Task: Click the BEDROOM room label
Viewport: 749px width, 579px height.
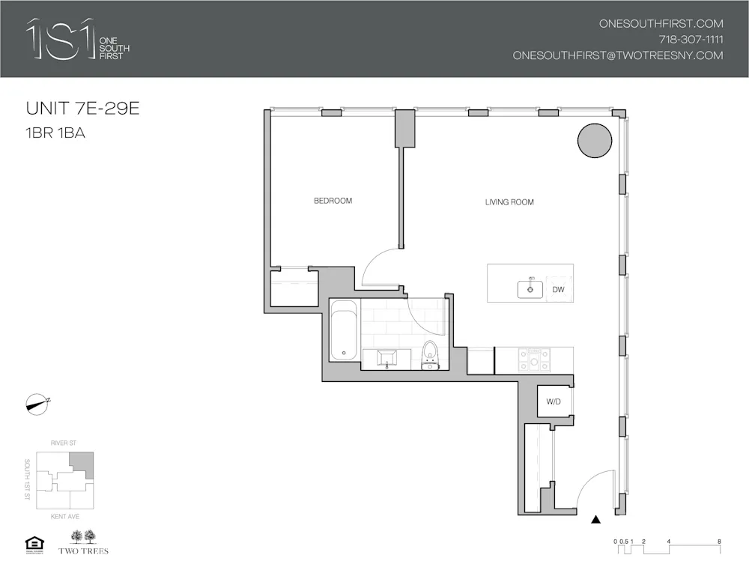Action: [333, 201]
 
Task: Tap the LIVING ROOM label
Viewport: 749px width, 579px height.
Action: [509, 202]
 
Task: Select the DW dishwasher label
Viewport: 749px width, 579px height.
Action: [558, 289]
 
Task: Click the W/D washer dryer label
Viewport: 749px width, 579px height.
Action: [554, 402]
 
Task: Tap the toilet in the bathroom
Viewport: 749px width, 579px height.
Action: [430, 354]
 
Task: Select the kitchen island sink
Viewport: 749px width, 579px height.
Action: [530, 288]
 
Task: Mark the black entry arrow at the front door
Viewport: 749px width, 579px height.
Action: [596, 518]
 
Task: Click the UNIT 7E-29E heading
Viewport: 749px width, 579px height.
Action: [83, 109]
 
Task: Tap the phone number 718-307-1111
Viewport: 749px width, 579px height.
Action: [691, 40]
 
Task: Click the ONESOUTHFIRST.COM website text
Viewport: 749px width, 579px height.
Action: [661, 24]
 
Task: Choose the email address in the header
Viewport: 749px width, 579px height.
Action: [618, 55]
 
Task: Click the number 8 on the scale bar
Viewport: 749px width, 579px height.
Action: [718, 541]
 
